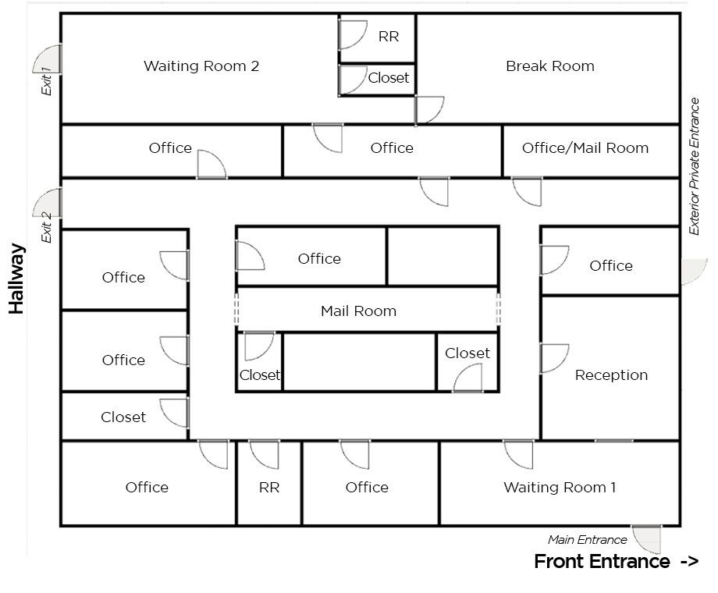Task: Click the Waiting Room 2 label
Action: (x=201, y=66)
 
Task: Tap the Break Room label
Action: (x=549, y=66)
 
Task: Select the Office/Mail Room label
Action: (x=585, y=147)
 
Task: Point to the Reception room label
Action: (x=611, y=375)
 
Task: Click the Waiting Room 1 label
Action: (x=560, y=488)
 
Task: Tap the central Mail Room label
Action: (x=358, y=311)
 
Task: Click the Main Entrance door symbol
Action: (x=647, y=538)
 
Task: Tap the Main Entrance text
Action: (x=587, y=539)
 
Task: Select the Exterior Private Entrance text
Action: (x=694, y=166)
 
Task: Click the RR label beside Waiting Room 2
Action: (x=388, y=37)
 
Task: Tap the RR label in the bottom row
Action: (x=268, y=488)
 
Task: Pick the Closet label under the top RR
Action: (x=388, y=78)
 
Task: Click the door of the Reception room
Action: (x=554, y=358)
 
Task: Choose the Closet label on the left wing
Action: (x=123, y=417)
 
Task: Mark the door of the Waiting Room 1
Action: (x=519, y=453)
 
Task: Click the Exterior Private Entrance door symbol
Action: (x=694, y=272)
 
